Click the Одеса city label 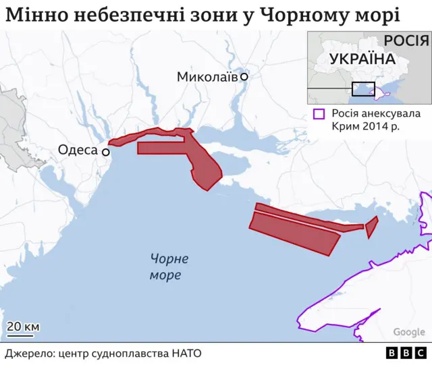point(78,150)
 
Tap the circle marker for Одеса point(106,152)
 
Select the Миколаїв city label point(207,77)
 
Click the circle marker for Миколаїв point(244,77)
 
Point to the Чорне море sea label point(165,267)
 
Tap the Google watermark point(409,332)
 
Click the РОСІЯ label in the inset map point(406,41)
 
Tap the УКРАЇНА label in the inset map point(362,59)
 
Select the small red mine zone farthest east point(371,227)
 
